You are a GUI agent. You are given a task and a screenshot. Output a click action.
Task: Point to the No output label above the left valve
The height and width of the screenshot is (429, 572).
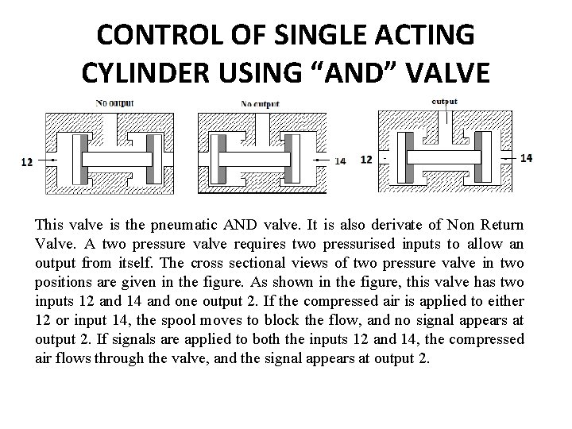point(114,102)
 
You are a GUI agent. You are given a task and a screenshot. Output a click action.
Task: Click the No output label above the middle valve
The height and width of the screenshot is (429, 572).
point(261,103)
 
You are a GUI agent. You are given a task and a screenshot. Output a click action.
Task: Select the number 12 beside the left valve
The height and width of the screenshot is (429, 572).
point(26,162)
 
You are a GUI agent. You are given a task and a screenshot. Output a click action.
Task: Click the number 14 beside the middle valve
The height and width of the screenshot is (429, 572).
point(340,161)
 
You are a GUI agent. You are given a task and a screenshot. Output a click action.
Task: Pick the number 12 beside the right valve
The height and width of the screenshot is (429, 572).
point(366,159)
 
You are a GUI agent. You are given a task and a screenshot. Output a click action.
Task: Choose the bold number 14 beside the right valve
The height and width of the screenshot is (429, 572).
point(526,158)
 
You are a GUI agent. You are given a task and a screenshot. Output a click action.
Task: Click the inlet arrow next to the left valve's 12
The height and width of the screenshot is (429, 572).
point(44,161)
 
